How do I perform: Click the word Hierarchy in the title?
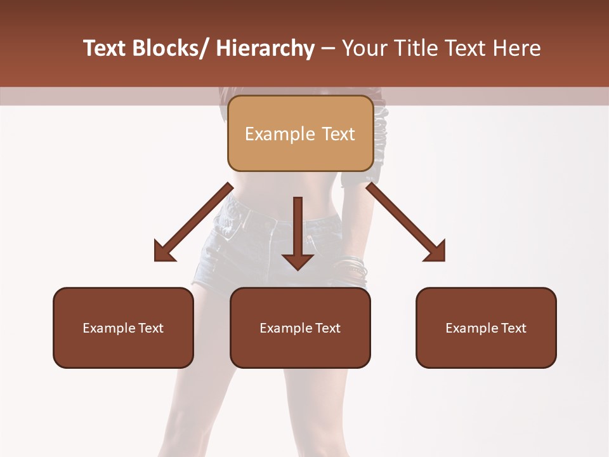click(265, 48)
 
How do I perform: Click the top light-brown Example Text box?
click(300, 133)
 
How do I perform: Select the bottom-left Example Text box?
click(123, 328)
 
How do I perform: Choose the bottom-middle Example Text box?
click(300, 328)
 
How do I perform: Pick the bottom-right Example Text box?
click(486, 328)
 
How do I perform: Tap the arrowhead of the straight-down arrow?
click(298, 260)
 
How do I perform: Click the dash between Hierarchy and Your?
click(328, 49)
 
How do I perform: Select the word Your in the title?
click(363, 48)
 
